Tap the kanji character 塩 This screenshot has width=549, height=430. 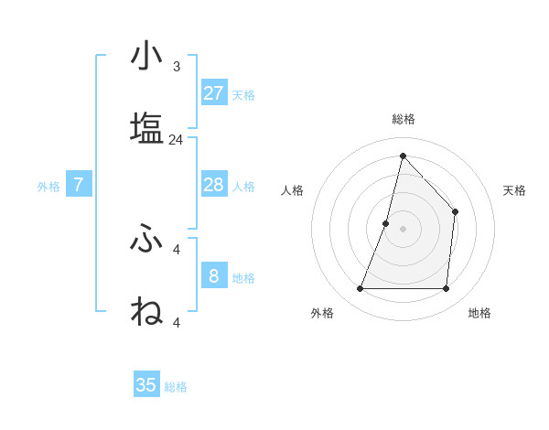pos(146,127)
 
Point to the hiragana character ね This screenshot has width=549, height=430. pos(146,310)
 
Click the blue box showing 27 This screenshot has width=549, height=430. pos(213,92)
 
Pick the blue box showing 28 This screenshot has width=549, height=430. pos(213,185)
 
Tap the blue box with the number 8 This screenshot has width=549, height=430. pos(213,275)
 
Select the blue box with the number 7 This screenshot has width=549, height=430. pos(79,185)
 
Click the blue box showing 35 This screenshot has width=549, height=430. pos(146,385)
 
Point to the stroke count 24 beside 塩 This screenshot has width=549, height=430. pos(176,140)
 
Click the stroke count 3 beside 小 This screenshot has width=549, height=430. pos(176,67)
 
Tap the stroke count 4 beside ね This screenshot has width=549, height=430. pos(176,322)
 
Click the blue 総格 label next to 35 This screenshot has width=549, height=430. pos(176,387)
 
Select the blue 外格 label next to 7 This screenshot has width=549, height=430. pos(48,187)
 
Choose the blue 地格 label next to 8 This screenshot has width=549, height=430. pos(243,277)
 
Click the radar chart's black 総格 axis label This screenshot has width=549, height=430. pos(403,119)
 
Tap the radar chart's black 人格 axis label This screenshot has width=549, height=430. pos(292,190)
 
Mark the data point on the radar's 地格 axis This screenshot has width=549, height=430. pos(446,289)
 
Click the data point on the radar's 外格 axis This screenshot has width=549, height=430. pos(360,289)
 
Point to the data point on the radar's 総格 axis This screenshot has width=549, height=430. pos(403,156)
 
